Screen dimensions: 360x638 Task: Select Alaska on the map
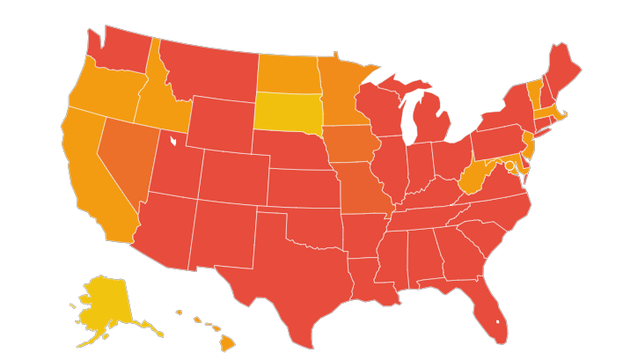coord(104,304)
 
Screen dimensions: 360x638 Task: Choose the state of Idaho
coord(163,106)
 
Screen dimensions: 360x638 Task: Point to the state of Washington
coord(119,48)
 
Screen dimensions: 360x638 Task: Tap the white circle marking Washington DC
coord(510,165)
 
